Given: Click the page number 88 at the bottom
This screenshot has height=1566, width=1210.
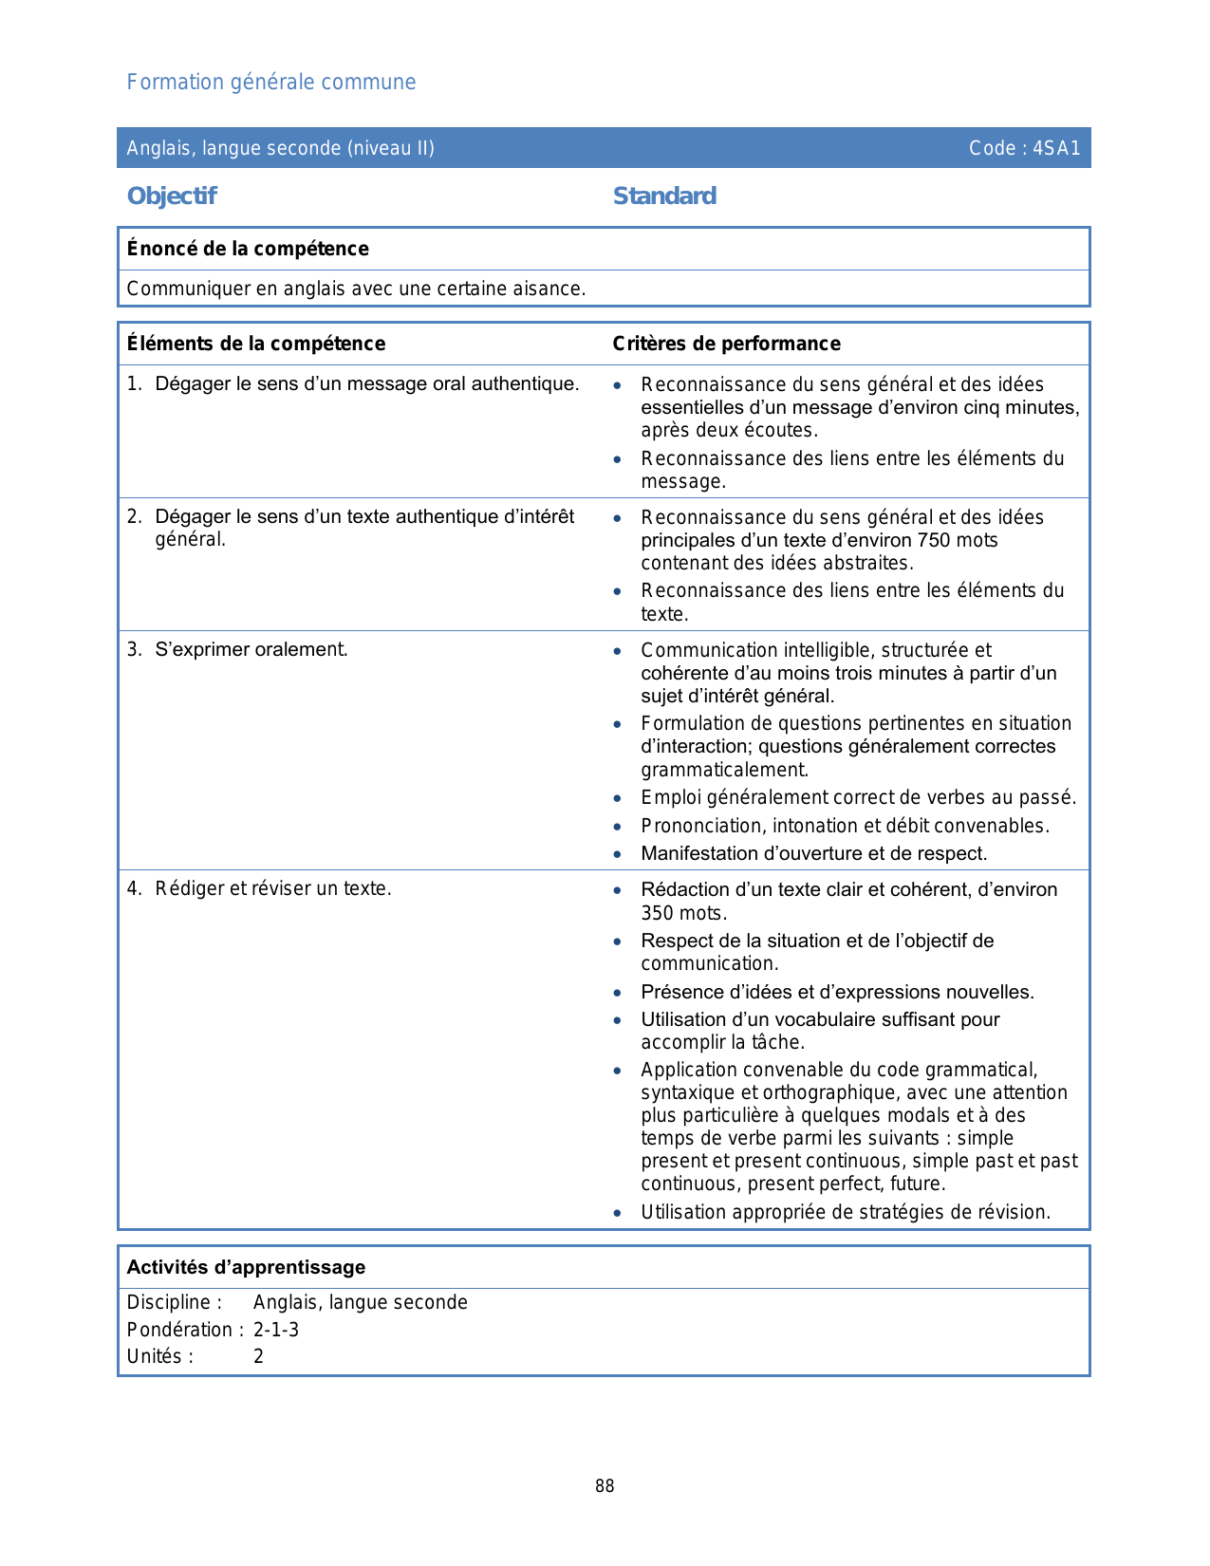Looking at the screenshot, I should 605,1486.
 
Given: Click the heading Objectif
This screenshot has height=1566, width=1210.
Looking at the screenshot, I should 172,196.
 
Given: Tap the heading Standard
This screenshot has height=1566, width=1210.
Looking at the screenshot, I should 664,196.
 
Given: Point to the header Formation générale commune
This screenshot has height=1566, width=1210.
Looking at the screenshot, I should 271,83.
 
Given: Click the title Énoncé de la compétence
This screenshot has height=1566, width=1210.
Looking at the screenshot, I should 248,249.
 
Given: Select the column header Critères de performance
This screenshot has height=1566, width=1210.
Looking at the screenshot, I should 726,344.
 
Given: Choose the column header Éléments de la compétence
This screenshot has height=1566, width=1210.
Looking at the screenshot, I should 256,344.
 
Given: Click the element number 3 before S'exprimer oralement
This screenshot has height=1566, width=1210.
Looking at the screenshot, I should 133,650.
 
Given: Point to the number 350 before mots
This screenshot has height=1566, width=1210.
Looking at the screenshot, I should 658,913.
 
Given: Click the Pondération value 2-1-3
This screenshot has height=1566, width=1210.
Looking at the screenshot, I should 276,1330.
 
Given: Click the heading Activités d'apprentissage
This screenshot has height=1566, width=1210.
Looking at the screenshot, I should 246,1267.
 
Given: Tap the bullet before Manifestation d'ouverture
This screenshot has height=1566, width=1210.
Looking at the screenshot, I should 618,854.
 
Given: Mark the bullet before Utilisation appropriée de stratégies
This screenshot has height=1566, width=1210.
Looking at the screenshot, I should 618,1213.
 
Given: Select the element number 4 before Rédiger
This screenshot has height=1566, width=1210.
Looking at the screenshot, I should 133,889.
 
